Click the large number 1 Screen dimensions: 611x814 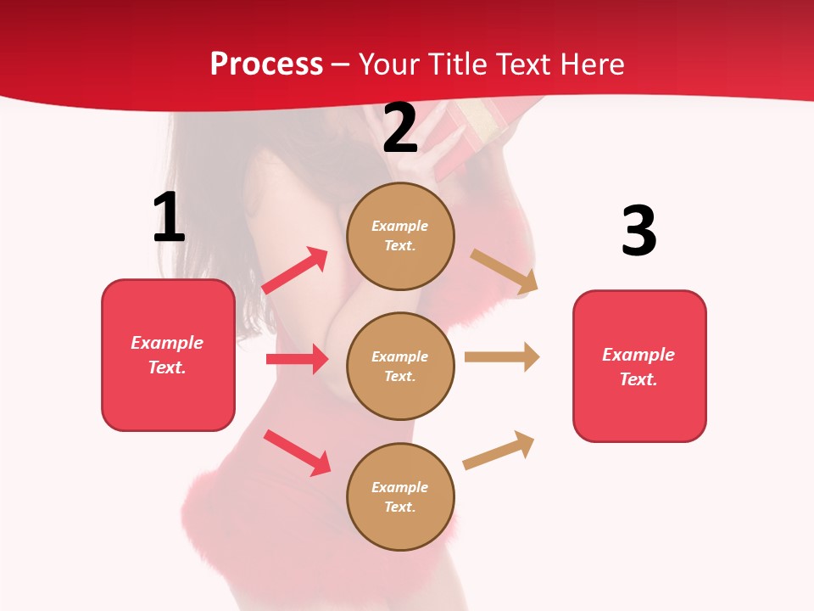169,218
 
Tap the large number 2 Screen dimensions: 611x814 401,128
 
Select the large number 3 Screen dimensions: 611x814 638,231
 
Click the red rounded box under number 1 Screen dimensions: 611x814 168,355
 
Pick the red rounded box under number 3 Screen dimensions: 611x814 639,367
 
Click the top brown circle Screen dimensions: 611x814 400,236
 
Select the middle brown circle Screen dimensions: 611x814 400,367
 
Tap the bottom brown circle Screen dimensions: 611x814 400,497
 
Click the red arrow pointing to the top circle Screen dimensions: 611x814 295,270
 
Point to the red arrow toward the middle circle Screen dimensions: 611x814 297,359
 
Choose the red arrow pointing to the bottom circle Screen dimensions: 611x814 297,451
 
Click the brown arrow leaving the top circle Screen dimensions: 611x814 505,271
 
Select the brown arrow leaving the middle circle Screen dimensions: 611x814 502,356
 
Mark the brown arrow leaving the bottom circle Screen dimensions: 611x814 499,450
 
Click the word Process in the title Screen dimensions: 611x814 266,64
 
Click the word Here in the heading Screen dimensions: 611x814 590,64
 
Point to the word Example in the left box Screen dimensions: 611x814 167,343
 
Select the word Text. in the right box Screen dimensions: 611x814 638,379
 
